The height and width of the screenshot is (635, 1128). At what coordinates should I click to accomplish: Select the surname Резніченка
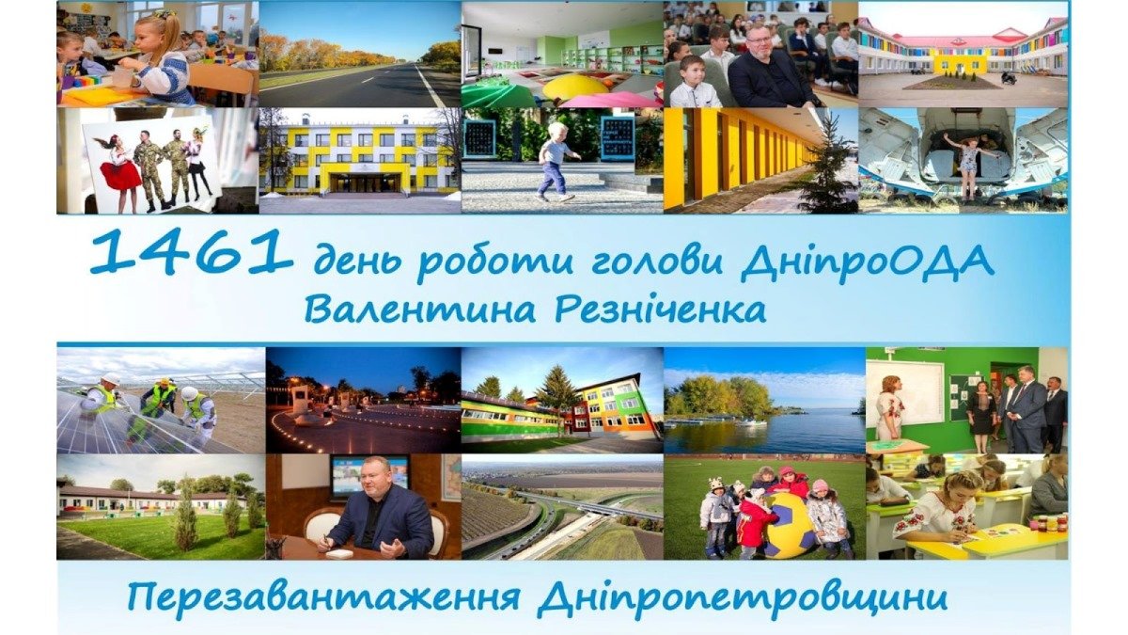tap(662, 310)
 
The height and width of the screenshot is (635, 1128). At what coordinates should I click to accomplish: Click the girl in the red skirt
tap(120, 169)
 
